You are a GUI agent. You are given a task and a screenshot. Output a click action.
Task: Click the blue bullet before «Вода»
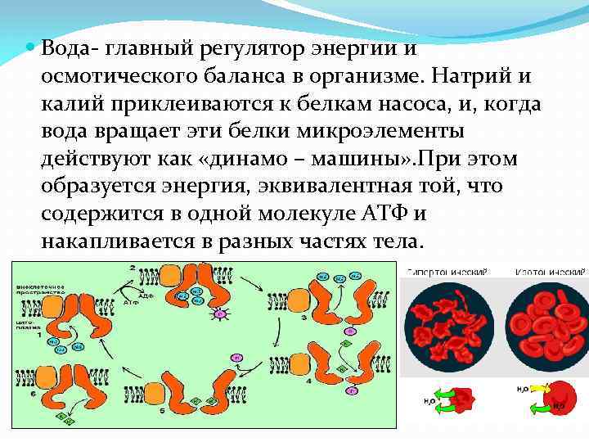pos(30,47)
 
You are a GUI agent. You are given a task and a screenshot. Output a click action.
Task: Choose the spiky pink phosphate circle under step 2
pos(219,313)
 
